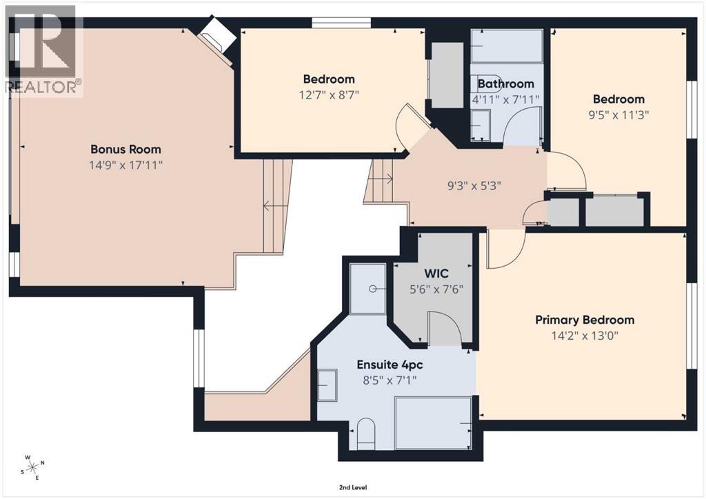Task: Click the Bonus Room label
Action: pos(125,150)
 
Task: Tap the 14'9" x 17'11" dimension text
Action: pos(125,165)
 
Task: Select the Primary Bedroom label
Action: pos(585,320)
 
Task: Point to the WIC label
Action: pos(436,273)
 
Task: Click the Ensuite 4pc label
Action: pos(390,365)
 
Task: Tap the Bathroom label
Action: pos(505,83)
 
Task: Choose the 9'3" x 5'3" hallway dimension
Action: pos(474,185)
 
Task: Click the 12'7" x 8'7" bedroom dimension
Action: pos(329,95)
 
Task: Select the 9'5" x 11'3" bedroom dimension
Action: pos(618,114)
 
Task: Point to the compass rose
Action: pos(33,467)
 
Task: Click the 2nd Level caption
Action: pos(353,487)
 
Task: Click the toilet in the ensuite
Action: pos(366,434)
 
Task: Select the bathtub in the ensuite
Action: pos(433,423)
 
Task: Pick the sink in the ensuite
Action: pos(327,385)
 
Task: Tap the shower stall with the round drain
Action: pos(368,289)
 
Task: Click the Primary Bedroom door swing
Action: pos(506,249)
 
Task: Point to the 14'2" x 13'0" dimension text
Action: pos(585,336)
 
